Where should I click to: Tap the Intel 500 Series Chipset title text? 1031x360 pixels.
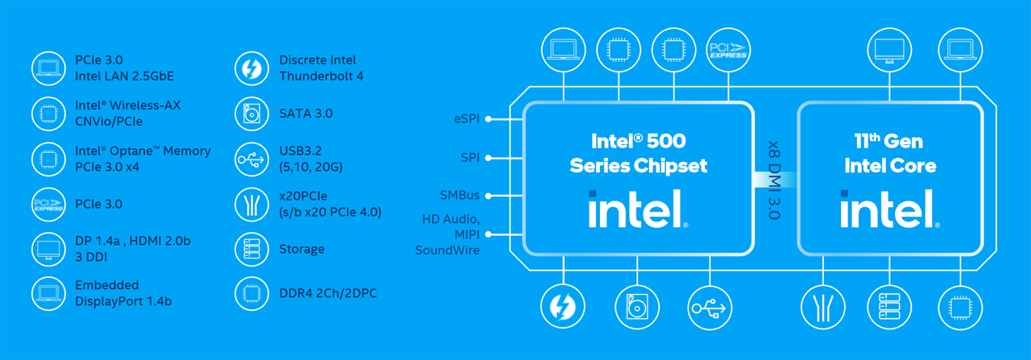point(638,153)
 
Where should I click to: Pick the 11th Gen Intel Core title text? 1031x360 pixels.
point(890,153)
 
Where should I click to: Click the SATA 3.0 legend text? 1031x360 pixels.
point(305,114)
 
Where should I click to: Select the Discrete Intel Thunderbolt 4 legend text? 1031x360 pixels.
point(317,68)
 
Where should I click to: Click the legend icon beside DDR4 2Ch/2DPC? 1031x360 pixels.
point(251,293)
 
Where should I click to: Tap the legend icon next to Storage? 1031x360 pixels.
point(251,249)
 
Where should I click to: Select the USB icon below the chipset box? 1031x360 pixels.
point(710,307)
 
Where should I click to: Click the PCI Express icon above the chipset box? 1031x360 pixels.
point(727,49)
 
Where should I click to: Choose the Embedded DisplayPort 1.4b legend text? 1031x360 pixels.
point(123,293)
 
